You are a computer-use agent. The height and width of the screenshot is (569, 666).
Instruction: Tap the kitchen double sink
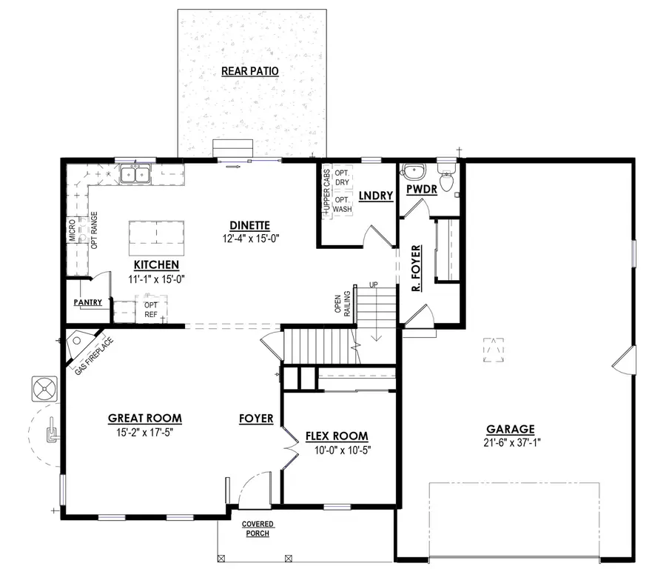[136, 175]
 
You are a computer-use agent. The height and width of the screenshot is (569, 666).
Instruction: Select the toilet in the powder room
[446, 180]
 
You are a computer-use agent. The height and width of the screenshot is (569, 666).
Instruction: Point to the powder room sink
[412, 173]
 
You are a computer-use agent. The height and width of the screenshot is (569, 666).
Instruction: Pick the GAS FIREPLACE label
[93, 356]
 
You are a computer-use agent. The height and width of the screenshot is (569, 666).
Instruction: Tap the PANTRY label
[87, 302]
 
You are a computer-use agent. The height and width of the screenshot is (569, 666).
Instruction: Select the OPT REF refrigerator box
[151, 309]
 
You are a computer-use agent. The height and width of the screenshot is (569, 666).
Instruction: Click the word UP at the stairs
[374, 284]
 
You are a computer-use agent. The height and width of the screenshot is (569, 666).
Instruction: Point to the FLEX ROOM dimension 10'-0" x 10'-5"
[337, 450]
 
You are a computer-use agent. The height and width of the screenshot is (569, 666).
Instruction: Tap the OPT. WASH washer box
[342, 204]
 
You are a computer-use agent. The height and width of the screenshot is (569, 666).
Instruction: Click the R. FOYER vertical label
[417, 267]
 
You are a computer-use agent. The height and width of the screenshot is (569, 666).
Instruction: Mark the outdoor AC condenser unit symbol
[44, 388]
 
